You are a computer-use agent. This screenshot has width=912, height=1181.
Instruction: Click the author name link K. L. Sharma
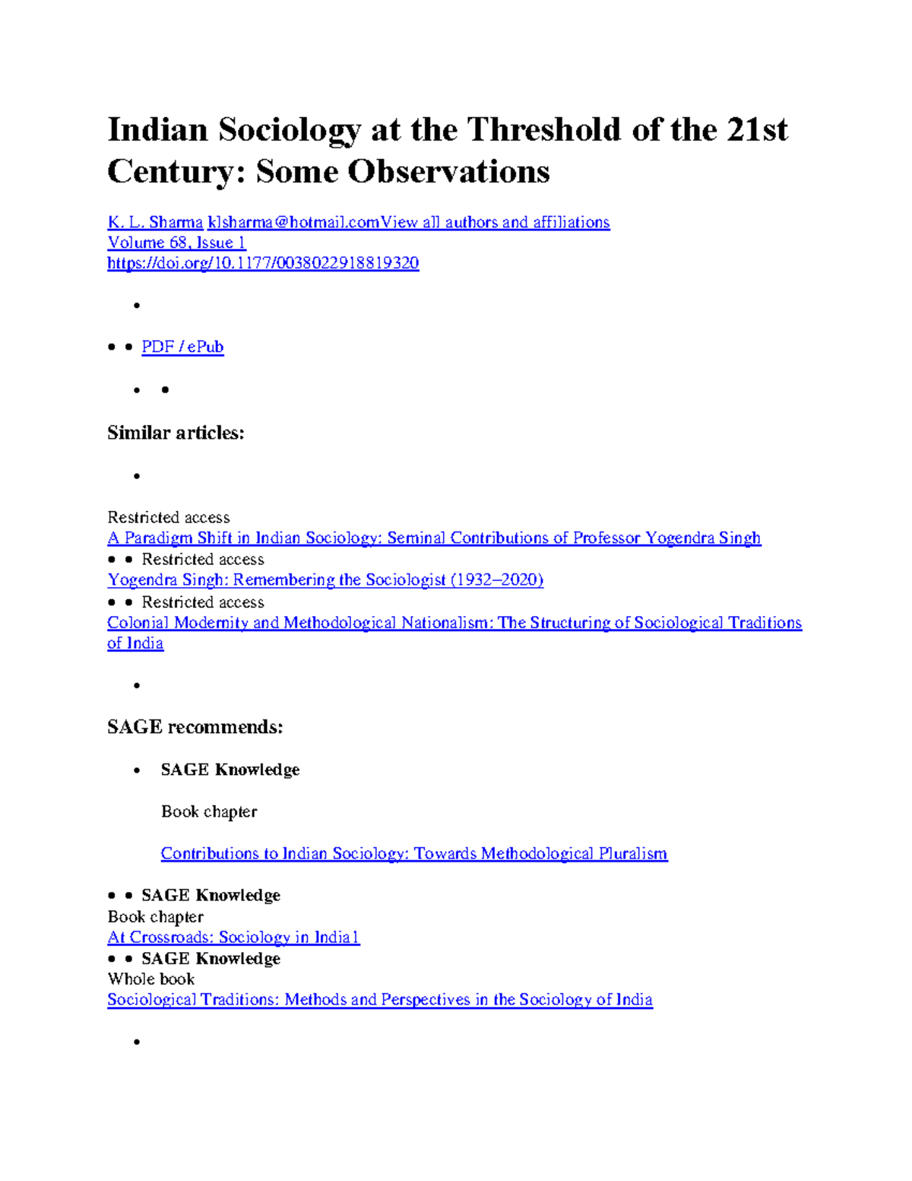pos(155,222)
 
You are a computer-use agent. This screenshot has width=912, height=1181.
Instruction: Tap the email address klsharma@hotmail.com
pos(293,222)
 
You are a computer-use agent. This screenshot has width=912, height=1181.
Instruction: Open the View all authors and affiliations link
pos(496,222)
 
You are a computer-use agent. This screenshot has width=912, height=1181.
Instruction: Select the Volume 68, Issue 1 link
pos(176,243)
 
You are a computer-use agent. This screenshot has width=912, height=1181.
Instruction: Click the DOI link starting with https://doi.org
pos(263,263)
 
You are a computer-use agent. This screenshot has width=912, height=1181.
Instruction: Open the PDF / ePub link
pos(182,347)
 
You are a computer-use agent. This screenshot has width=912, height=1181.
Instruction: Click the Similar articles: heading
pos(176,433)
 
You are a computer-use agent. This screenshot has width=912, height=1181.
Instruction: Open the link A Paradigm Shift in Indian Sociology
pos(434,538)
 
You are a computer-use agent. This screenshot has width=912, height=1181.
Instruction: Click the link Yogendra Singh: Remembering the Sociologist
pos(325,579)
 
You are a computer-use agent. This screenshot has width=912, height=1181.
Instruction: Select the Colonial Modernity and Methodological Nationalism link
pos(454,623)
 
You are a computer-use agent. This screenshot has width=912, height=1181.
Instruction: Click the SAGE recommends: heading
pos(195,727)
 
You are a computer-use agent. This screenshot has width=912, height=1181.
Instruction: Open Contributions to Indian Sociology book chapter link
pos(414,853)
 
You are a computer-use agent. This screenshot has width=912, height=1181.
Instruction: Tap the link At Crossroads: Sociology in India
pos(233,937)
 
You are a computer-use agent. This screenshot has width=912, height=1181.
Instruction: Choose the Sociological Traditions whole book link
pos(380,999)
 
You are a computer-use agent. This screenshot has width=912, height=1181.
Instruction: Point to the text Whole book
pos(151,979)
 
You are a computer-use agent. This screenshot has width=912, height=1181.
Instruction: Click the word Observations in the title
pos(449,172)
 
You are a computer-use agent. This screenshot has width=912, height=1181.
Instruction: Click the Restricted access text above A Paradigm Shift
pos(169,517)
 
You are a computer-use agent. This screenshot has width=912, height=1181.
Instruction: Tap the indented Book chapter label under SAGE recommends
pos(209,811)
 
